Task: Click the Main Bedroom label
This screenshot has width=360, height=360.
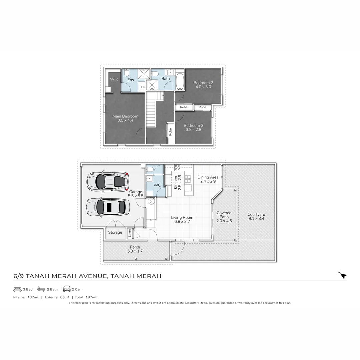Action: click(x=125, y=116)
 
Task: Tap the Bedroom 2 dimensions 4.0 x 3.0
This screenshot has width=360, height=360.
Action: click(x=203, y=87)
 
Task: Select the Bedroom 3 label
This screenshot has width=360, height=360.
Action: click(x=193, y=125)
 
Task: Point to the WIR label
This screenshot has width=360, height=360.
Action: click(x=114, y=79)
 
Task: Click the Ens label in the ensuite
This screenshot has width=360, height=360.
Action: click(x=131, y=80)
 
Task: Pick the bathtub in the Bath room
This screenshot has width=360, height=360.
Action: click(x=180, y=80)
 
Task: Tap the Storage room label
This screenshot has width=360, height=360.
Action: click(x=115, y=232)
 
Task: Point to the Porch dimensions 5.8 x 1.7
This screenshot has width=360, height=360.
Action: click(x=135, y=251)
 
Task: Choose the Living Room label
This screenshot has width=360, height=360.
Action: click(x=182, y=217)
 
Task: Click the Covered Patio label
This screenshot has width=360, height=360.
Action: click(x=224, y=215)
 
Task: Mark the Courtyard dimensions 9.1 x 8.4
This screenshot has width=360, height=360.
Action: click(x=256, y=219)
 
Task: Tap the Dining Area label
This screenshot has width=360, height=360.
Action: click(x=208, y=177)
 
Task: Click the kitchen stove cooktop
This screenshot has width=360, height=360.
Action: click(x=178, y=167)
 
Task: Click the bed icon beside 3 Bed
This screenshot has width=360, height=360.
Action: click(x=17, y=289)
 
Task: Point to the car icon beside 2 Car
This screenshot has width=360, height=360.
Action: click(x=67, y=289)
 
